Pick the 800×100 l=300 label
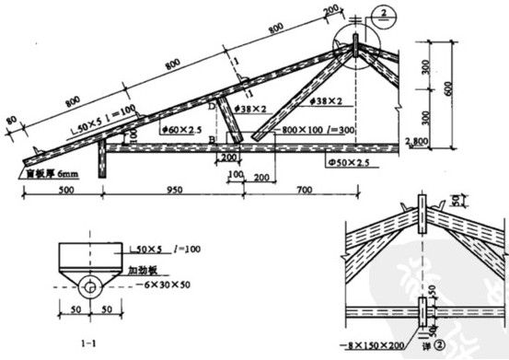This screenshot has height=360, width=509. pyautogui.click(x=312, y=130)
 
